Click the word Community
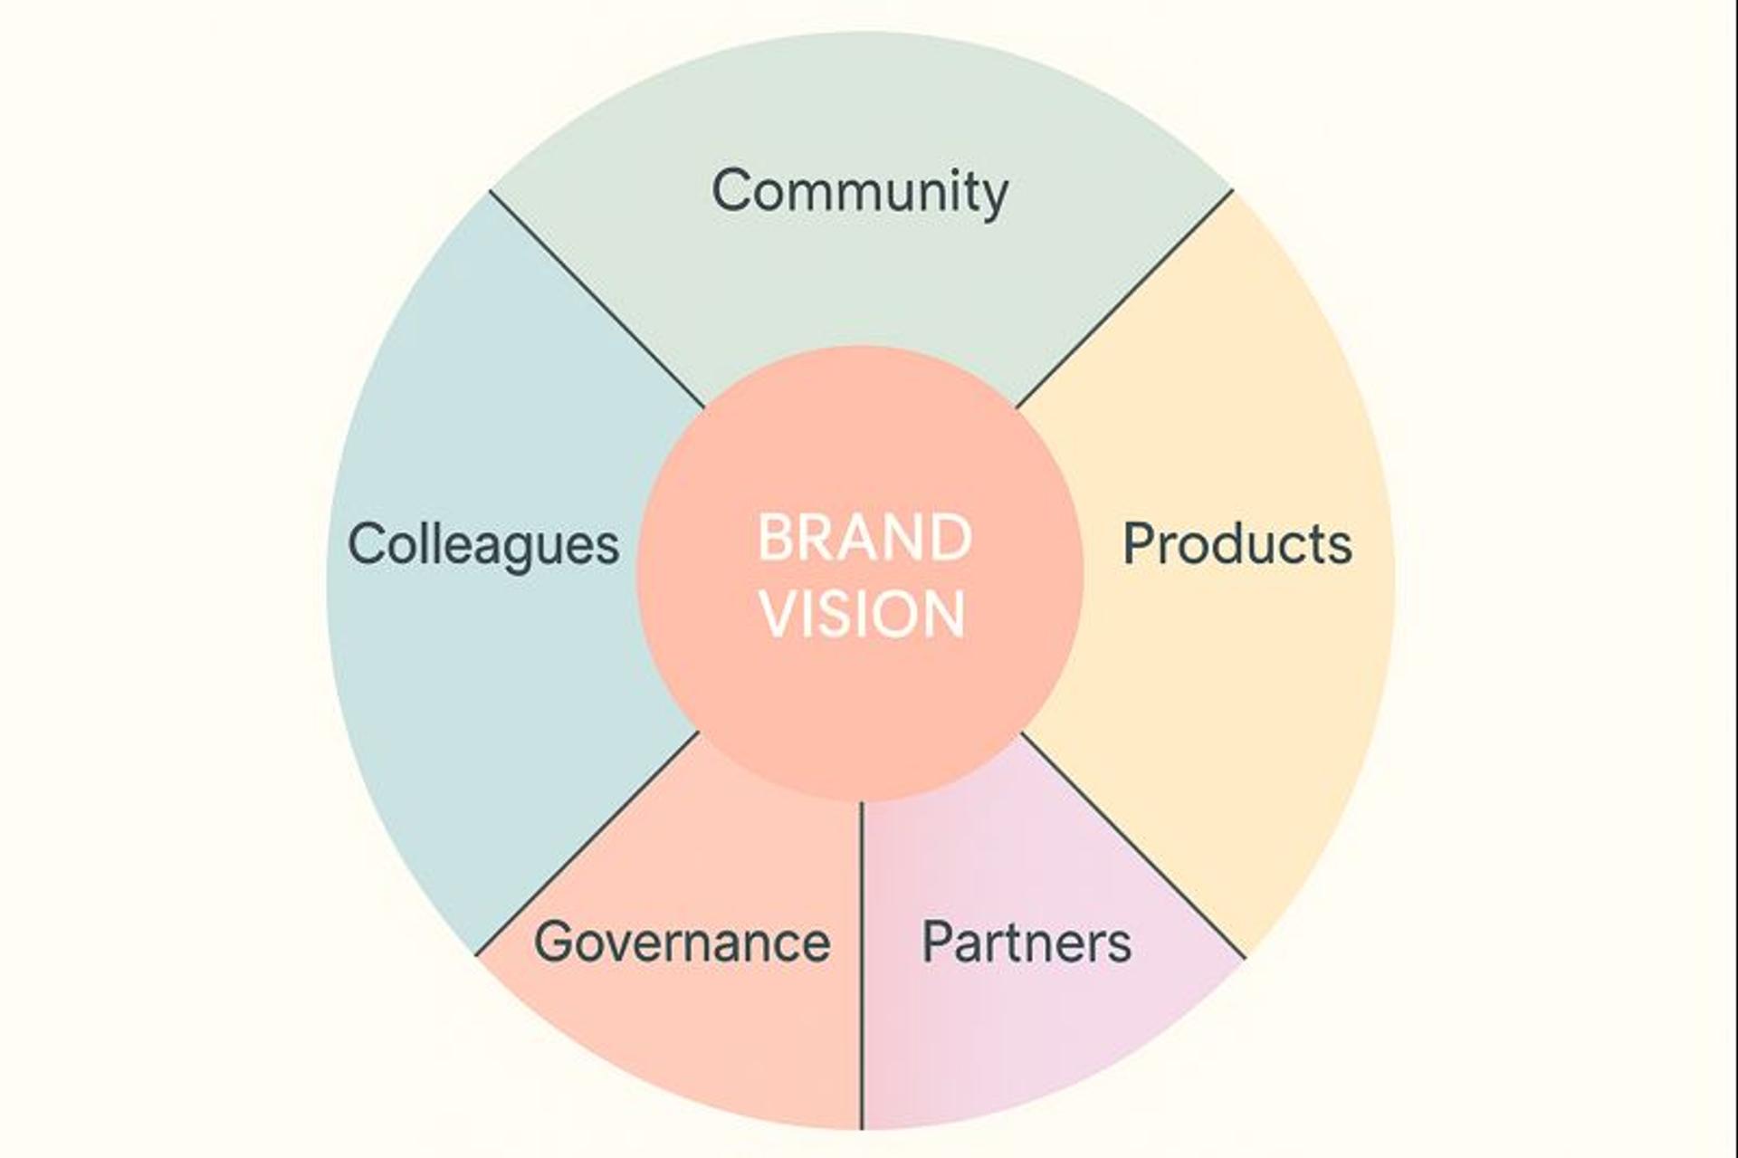(859, 191)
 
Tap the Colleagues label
(483, 544)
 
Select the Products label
(1237, 544)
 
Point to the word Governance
(682, 942)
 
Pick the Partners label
(1027, 942)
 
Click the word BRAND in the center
(864, 538)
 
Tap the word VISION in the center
(864, 614)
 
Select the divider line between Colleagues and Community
(597, 299)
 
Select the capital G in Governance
(555, 942)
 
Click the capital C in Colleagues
(368, 544)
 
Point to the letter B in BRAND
(776, 538)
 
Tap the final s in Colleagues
(606, 547)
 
